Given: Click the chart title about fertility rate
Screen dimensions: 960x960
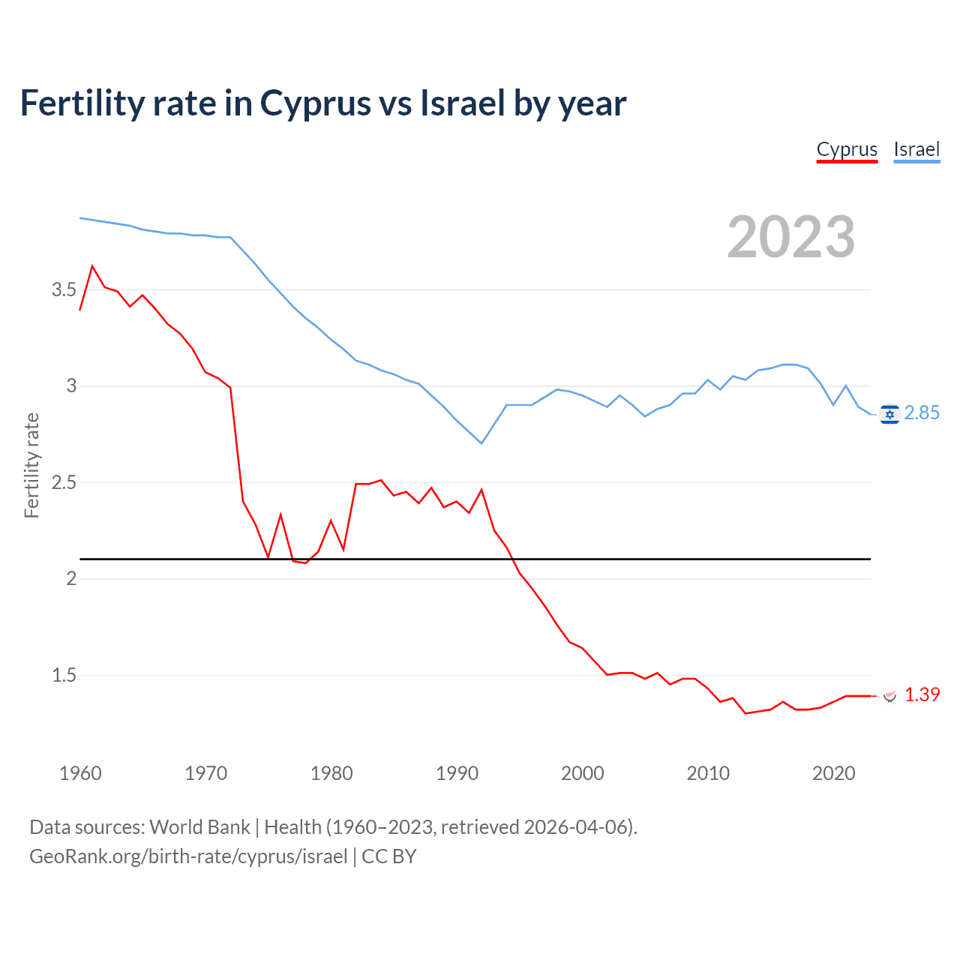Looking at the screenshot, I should click(x=322, y=103).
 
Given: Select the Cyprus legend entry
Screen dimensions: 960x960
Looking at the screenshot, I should click(x=847, y=149).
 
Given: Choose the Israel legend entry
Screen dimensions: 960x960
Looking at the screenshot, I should click(x=916, y=149).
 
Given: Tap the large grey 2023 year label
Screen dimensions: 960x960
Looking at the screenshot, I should click(x=791, y=237).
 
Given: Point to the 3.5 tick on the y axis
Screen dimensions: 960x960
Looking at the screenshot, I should click(x=64, y=290).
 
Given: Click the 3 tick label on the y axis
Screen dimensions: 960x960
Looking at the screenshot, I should click(x=72, y=386).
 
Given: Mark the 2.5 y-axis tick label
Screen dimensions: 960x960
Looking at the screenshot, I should click(x=64, y=482).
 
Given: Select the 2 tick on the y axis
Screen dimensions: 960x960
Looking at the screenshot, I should click(x=72, y=578).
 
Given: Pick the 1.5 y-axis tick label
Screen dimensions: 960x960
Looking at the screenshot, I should click(x=64, y=675).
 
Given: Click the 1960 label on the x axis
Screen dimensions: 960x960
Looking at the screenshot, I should click(x=80, y=773).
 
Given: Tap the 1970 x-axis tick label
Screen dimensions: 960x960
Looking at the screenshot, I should click(x=205, y=773).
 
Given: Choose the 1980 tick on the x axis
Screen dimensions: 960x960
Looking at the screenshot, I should click(x=331, y=773).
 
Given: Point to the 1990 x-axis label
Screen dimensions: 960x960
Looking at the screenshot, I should click(x=457, y=773).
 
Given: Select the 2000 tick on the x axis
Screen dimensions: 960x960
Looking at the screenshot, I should click(x=583, y=773).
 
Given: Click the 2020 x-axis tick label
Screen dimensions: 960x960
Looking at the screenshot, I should click(x=833, y=773).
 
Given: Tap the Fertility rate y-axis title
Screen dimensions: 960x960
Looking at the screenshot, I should click(x=31, y=465).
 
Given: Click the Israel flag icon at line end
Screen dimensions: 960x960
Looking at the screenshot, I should click(x=889, y=414).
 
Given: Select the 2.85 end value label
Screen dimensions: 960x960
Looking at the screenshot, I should click(x=922, y=413).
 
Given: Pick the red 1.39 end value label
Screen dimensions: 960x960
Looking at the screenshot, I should click(x=922, y=695).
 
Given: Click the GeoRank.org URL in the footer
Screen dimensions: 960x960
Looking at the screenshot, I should click(x=188, y=856).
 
